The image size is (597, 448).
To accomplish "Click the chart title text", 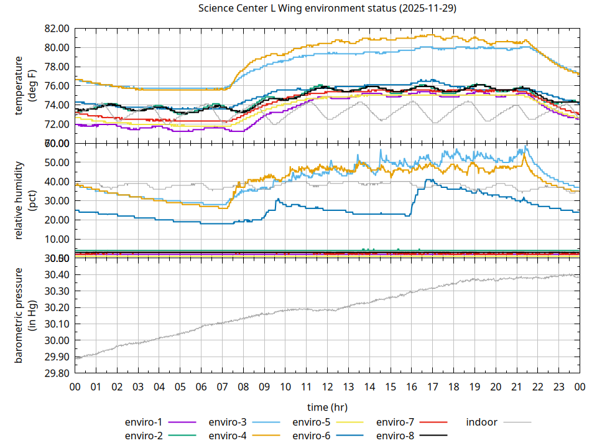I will point(327,9).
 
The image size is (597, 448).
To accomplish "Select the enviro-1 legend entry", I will point(144,422).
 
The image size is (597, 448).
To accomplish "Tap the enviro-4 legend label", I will point(228,436).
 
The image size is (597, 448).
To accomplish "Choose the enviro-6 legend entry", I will point(312,436).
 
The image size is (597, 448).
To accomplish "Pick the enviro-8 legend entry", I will point(396,436).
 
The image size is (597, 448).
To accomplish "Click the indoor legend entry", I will point(482,422).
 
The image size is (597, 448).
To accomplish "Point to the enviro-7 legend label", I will point(396,422).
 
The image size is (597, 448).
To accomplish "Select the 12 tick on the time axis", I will point(327,386).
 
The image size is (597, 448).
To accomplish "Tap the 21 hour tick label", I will point(516,386).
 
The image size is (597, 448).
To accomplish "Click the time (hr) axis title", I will point(327,407).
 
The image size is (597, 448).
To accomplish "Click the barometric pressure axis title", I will point(25,315).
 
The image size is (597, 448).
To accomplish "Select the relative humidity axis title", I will point(25,200).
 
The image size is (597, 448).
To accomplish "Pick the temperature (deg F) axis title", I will point(25,86).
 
